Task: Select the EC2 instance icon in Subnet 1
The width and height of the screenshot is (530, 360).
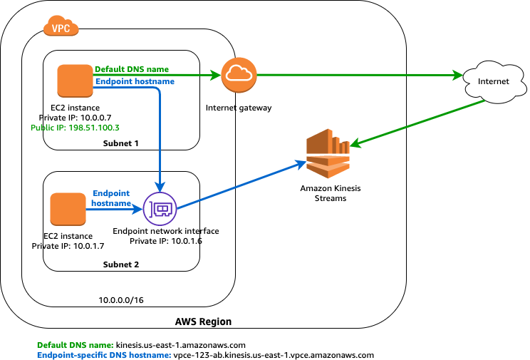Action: coord(75,81)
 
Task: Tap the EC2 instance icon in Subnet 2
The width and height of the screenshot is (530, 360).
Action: coord(68,210)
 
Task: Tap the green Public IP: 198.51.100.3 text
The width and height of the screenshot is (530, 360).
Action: coord(75,128)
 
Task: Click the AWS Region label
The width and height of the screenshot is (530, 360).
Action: coord(203,322)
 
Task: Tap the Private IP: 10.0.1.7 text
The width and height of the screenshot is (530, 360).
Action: coord(68,246)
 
